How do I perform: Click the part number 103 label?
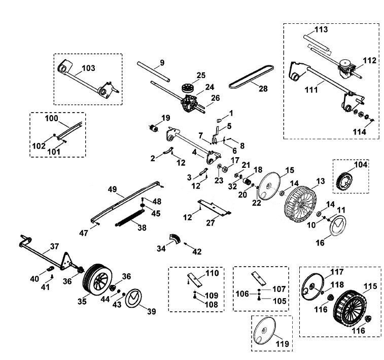(x=88, y=68)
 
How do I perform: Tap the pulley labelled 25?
(x=187, y=88)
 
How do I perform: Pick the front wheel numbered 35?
(x=97, y=278)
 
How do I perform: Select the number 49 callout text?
(x=113, y=190)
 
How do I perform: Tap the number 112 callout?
(x=369, y=60)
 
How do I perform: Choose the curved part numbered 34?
(x=174, y=239)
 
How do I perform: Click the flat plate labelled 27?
(x=215, y=207)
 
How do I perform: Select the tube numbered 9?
(x=153, y=71)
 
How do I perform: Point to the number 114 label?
(x=359, y=132)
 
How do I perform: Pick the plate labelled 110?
(x=195, y=279)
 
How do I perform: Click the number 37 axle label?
(x=54, y=246)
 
